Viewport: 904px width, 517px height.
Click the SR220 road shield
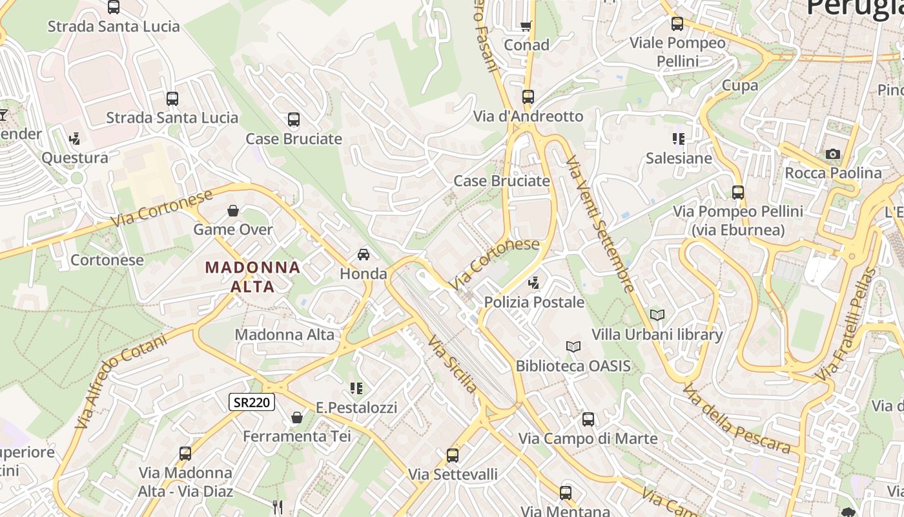[252, 402]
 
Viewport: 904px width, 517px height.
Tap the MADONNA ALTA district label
[252, 276]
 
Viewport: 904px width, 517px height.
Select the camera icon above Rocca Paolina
[833, 154]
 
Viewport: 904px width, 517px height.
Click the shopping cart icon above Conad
[526, 26]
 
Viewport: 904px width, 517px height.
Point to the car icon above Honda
[364, 255]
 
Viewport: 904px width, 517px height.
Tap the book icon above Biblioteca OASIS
[573, 347]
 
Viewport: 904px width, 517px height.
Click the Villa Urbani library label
[657, 335]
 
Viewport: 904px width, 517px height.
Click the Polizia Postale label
[534, 302]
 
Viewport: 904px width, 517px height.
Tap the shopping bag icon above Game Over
[233, 211]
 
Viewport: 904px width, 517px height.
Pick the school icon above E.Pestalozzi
[356, 388]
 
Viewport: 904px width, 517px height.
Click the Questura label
[75, 158]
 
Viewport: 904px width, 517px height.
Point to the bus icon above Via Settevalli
[453, 455]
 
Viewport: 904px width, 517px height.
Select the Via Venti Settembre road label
[601, 223]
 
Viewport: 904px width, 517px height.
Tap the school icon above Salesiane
[678, 139]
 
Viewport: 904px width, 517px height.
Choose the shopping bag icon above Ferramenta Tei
[297, 418]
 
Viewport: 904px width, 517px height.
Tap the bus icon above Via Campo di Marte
[588, 419]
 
